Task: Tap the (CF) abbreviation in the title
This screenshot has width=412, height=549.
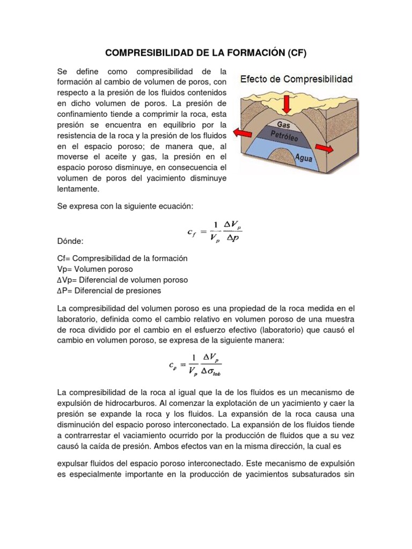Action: (297, 53)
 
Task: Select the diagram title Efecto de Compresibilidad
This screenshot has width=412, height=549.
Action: (296, 79)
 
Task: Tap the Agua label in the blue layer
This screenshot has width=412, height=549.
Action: (304, 158)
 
